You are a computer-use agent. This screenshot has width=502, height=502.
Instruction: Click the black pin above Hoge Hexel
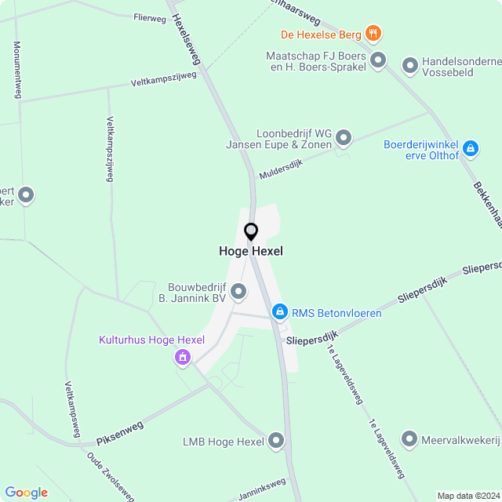[x=251, y=232]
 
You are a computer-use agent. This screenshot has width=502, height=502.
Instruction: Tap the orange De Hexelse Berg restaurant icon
[x=373, y=34]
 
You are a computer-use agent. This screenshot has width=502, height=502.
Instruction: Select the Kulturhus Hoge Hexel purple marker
[x=183, y=358]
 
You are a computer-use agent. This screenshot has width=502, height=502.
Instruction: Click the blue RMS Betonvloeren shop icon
[x=278, y=313]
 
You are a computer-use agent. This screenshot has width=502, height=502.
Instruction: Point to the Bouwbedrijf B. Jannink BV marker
[x=239, y=293]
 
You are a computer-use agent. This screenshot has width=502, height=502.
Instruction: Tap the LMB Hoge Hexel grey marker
[x=275, y=442]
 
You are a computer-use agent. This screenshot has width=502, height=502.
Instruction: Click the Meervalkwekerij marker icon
[x=409, y=440]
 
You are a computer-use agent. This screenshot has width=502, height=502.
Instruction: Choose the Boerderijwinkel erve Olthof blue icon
[x=470, y=147]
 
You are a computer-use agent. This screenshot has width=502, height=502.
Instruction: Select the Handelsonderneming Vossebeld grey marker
[x=409, y=66]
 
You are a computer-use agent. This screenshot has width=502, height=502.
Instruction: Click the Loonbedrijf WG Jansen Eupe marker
[x=344, y=140]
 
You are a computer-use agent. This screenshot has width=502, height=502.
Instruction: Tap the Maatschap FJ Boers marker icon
[x=378, y=60]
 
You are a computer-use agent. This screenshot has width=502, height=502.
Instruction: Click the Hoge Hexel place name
[x=251, y=252]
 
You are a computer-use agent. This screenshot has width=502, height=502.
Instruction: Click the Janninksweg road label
[x=262, y=489]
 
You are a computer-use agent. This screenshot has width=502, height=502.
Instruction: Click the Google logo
[x=26, y=492]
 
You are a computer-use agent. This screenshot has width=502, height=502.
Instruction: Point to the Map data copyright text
[x=467, y=496]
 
